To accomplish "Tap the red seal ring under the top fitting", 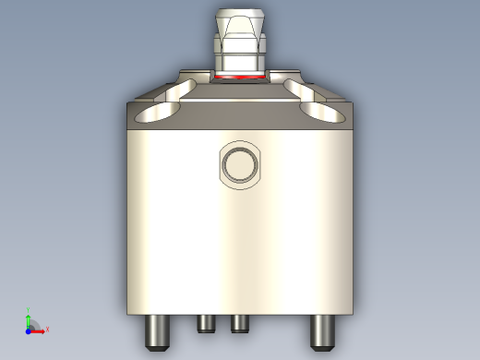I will pyautogui.click(x=239, y=78).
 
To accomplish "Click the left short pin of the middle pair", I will pyautogui.click(x=206, y=323).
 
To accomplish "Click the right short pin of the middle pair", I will pyautogui.click(x=239, y=323).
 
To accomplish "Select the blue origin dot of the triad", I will pyautogui.click(x=29, y=329).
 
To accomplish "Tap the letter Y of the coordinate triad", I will pyautogui.click(x=29, y=311).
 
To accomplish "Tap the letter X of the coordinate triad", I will pyautogui.click(x=47, y=329).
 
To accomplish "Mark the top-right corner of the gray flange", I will pyautogui.click(x=352, y=103).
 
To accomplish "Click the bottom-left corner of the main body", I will pyautogui.click(x=126, y=312).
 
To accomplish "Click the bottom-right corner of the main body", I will pyautogui.click(x=353, y=312).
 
